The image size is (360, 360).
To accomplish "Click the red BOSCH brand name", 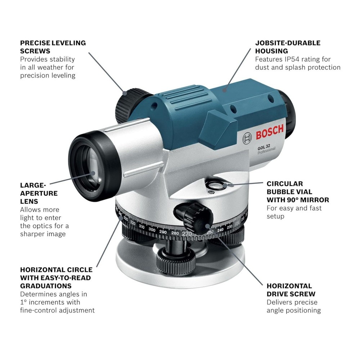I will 270,133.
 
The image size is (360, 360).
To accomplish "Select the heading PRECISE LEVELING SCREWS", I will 53,47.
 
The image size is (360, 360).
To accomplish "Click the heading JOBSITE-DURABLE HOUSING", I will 288,47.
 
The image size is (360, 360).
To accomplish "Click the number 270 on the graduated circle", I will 186,234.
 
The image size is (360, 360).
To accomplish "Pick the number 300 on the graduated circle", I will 152,230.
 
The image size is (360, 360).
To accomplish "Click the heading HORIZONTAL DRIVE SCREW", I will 289,290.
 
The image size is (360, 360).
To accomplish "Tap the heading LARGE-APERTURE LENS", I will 39,193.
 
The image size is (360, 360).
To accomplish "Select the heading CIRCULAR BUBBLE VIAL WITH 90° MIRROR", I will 298,192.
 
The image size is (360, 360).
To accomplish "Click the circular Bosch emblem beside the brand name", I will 248,138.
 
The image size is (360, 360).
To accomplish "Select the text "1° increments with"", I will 50,302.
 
